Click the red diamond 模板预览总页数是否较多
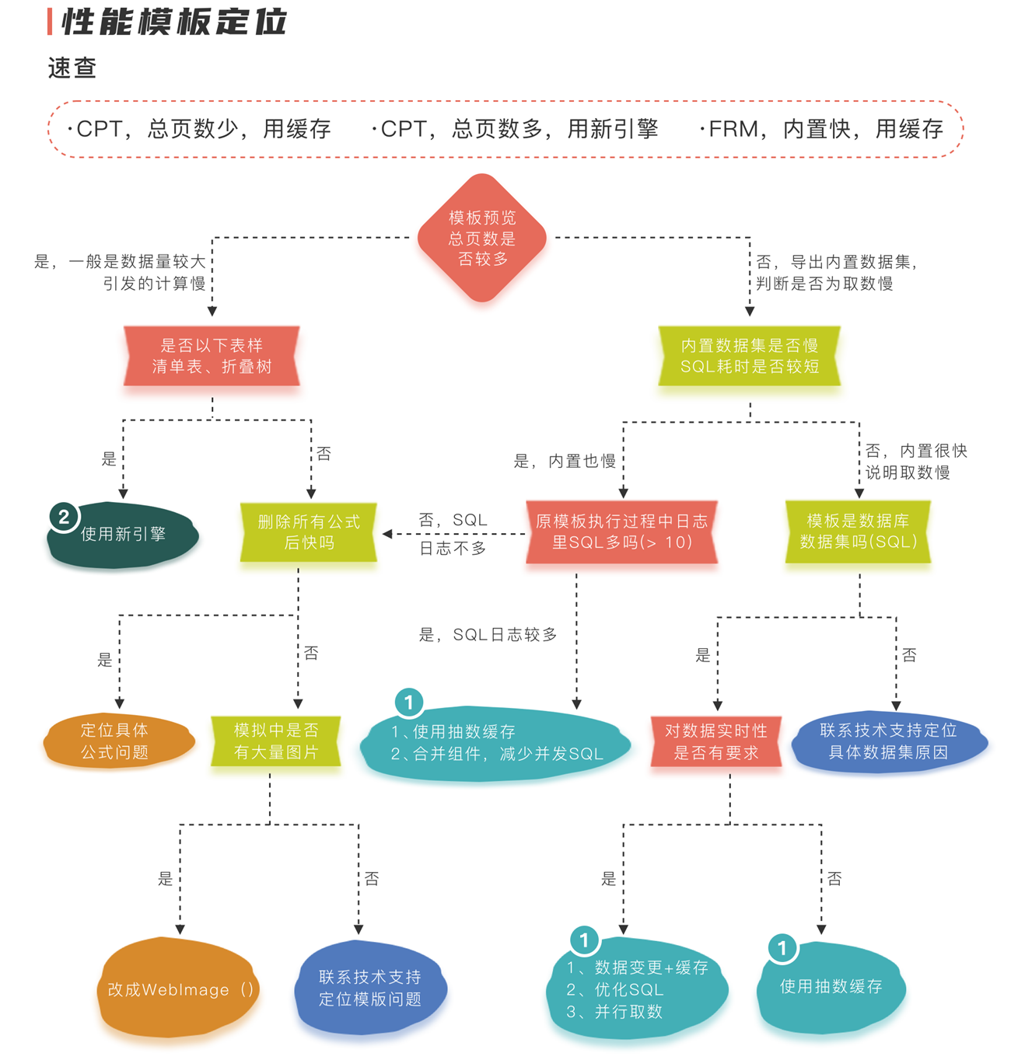482,238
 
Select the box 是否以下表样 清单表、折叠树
212,356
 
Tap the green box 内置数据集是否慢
750,356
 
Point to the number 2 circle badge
64,517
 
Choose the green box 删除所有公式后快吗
309,532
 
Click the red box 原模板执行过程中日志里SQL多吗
621,532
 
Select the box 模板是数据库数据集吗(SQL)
859,532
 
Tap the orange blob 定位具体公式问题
117,741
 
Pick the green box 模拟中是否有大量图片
276,741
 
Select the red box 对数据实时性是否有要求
715,741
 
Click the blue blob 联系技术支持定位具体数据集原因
888,741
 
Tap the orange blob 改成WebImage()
179,989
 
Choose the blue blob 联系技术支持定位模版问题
370,989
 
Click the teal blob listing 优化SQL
638,989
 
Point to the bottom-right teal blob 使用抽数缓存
831,987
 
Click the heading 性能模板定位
173,23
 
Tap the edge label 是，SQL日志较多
488,635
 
